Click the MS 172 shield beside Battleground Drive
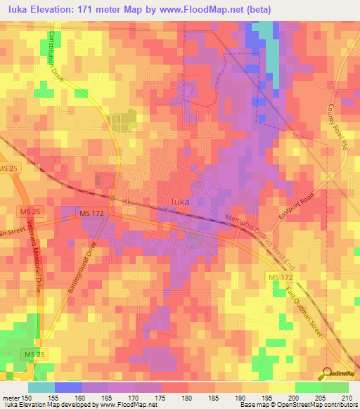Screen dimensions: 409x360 click(x=92, y=213)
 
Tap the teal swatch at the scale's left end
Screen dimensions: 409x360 click(x=41, y=387)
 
